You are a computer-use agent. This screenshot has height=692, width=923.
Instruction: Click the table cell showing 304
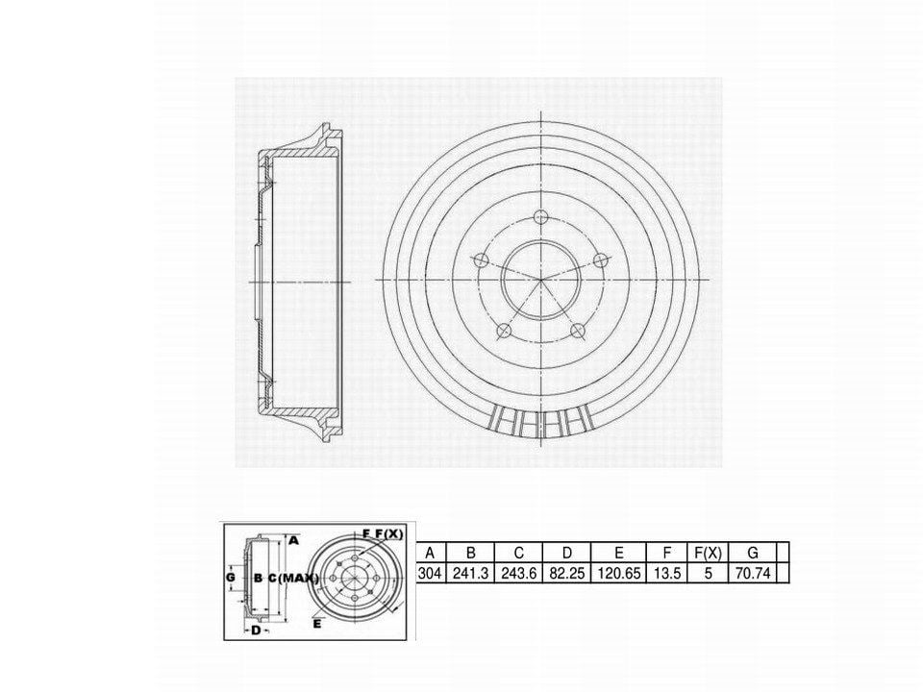point(430,573)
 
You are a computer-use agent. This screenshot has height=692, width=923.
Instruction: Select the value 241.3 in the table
point(470,573)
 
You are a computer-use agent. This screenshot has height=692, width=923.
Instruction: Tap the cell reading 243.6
point(518,573)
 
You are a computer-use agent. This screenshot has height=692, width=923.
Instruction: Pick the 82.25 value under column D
point(567,573)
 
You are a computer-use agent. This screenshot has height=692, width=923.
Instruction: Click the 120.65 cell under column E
point(618,573)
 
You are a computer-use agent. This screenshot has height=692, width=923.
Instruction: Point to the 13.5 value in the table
point(667,573)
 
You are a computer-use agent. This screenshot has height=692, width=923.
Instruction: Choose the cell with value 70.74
point(753,573)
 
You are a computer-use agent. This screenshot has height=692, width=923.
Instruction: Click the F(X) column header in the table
point(709,554)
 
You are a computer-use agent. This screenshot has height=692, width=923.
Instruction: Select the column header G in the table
point(753,554)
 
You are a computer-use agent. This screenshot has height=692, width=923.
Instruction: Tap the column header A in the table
point(430,554)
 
